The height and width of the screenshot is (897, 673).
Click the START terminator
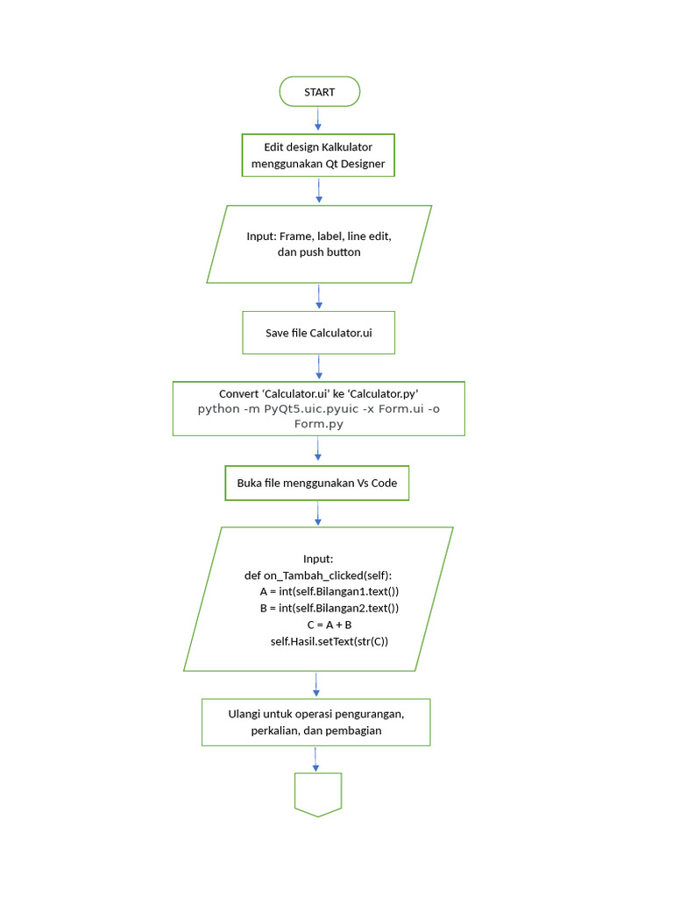tap(319, 92)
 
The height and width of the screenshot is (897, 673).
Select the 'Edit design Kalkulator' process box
tap(318, 155)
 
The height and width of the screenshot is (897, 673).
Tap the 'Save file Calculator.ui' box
tap(318, 333)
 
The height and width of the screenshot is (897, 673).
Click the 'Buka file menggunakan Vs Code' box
tap(317, 483)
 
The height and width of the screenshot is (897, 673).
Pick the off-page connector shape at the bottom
tap(318, 794)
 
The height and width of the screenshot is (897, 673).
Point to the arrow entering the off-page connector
tap(318, 759)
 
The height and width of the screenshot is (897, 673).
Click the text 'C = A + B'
tap(329, 625)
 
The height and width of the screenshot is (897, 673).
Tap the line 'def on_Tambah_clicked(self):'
tap(318, 576)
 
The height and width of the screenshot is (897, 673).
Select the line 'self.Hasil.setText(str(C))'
tap(329, 641)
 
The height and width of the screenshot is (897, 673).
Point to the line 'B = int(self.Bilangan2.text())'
tap(329, 608)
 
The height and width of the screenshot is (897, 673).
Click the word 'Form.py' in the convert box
tap(318, 423)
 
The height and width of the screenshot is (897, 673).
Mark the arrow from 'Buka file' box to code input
tap(317, 513)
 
